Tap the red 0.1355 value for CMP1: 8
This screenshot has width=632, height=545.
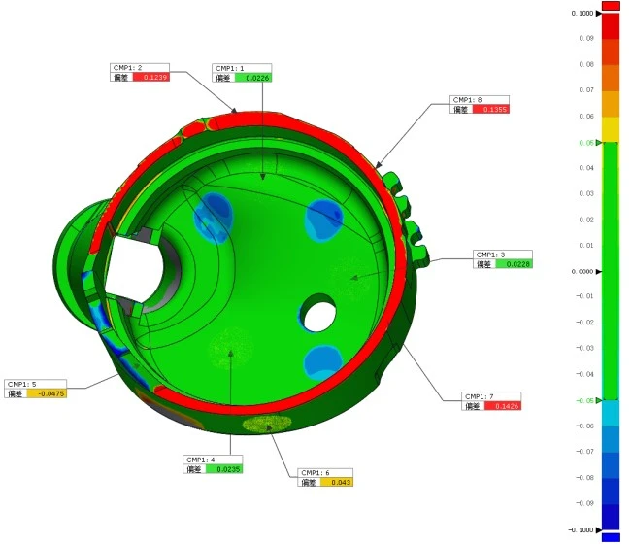[490, 109]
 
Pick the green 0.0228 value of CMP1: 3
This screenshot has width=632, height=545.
[515, 263]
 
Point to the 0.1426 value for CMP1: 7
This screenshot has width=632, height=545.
[504, 406]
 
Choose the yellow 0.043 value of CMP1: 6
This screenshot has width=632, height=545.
[336, 482]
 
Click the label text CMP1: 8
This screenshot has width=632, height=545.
[468, 99]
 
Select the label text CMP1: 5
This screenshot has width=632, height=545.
[22, 384]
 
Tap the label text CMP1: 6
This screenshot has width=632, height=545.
[316, 472]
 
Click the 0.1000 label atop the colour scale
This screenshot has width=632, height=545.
[582, 13]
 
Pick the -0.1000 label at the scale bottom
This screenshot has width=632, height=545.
[582, 529]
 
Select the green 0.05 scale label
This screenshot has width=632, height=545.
[587, 142]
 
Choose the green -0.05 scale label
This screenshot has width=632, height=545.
[585, 400]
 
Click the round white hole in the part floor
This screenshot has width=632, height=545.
[316, 314]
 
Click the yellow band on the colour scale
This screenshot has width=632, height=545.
[611, 129]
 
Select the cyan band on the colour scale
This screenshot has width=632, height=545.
[611, 413]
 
